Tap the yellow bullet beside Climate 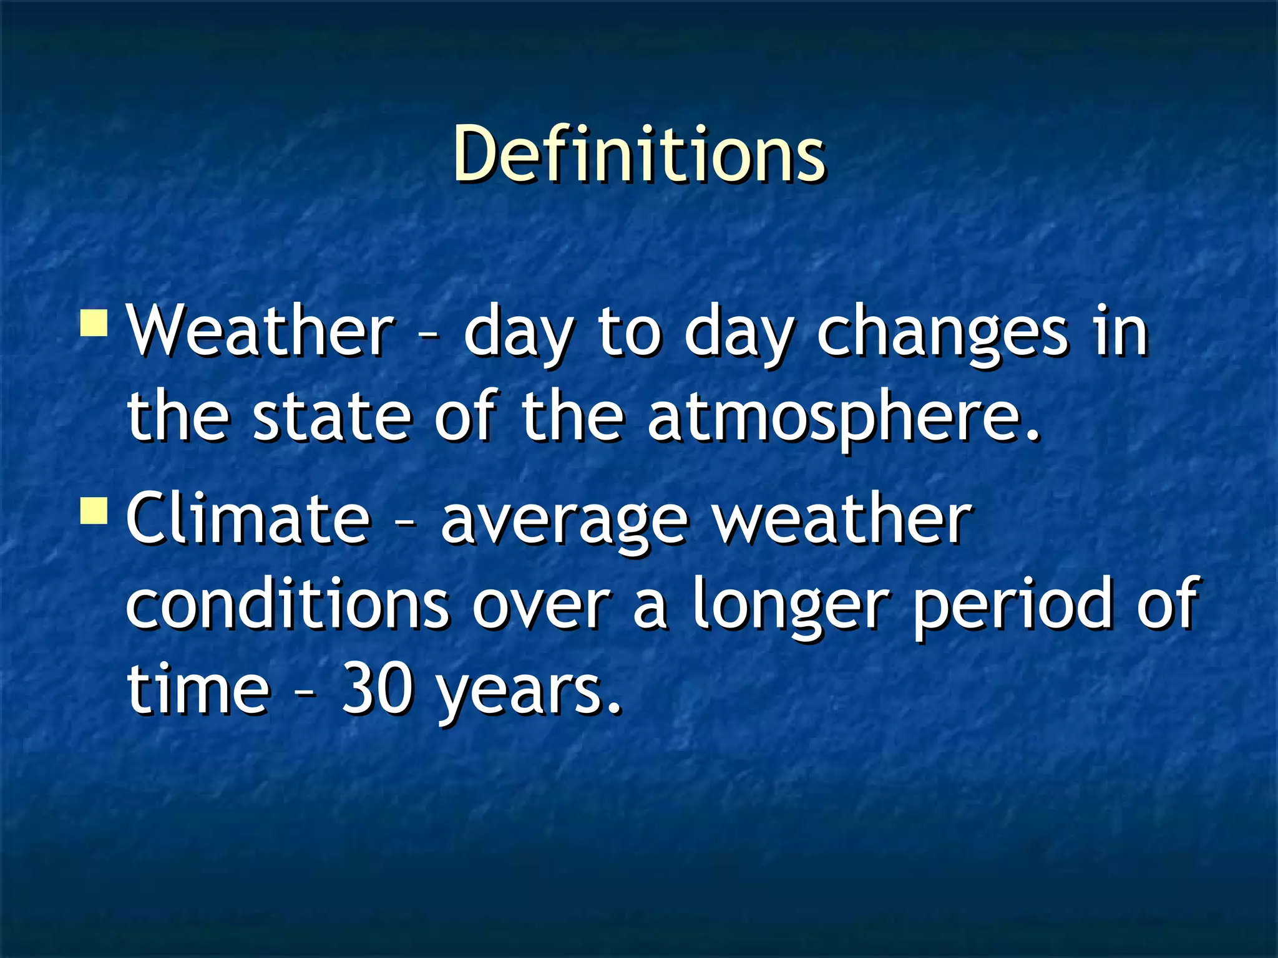94,510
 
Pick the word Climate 248,518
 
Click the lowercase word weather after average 842,518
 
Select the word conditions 287,602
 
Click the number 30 377,689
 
